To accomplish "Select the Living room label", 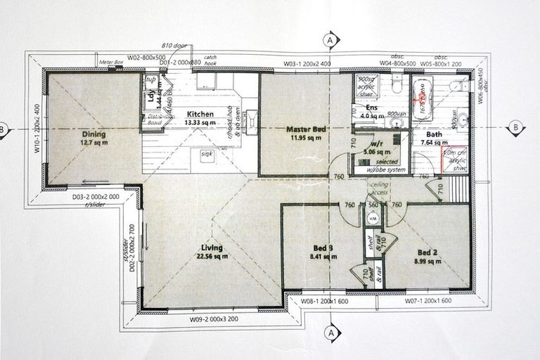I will [211, 247].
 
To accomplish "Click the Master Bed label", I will [303, 129].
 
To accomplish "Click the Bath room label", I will [434, 134].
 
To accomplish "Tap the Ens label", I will [372, 108].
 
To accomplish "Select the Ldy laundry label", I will [153, 98].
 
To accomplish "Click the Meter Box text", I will [111, 63].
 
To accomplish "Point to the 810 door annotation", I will [174, 44].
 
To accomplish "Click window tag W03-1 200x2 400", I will [307, 64].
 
